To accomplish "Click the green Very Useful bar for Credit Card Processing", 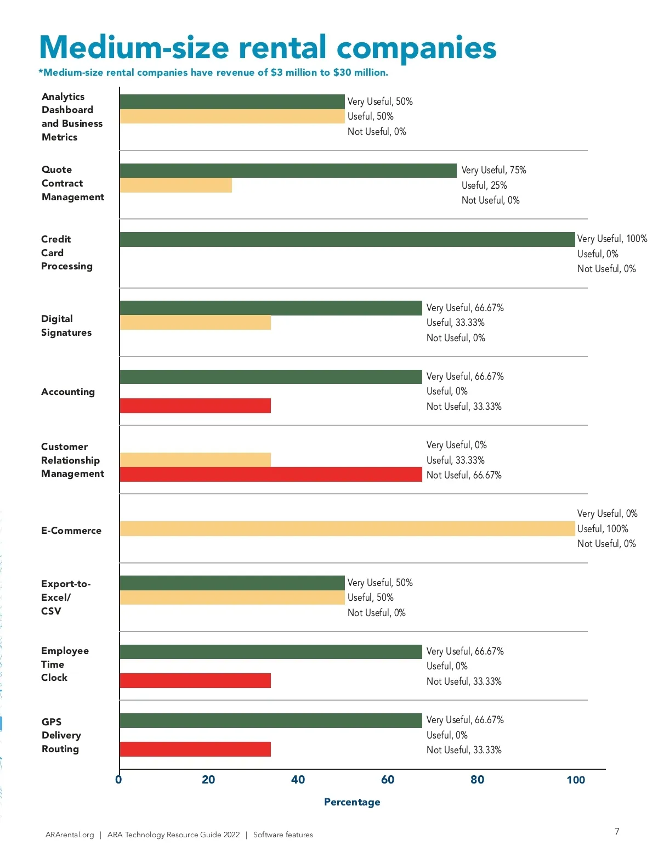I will pos(347,240).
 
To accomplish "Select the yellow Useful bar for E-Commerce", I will pos(347,528).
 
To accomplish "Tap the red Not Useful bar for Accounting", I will pos(195,406).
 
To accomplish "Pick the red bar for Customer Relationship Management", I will pos(271,475).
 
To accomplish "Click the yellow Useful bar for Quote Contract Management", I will pos(175,185).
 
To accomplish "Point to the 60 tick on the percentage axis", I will pos(388,780).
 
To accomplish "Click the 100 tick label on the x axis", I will pos(576,780).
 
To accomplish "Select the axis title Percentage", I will pos(352,802).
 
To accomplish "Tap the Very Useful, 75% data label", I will pos(493,170).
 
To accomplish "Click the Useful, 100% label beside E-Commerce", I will pos(603,529).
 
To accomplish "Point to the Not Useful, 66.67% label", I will pos(464,475).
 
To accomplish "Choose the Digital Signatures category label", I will pos(66,326).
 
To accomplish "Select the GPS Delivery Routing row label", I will pos(61,735).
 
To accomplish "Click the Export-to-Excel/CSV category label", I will pos(65,598).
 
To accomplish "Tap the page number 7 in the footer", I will pos(617,832).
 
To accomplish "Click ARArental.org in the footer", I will pos(70,835).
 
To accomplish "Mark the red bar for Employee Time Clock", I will pos(195,681).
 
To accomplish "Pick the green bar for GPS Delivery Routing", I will pos(271,720).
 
